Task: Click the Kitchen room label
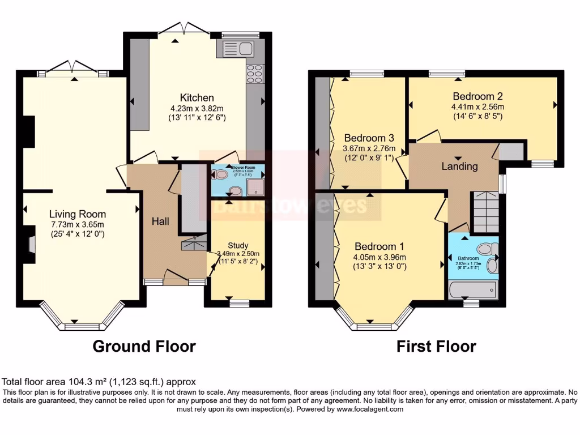[x=197, y=97]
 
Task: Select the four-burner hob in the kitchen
[x=254, y=73]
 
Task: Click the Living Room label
[x=77, y=214]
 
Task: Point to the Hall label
[x=160, y=221]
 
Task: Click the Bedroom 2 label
[x=477, y=96]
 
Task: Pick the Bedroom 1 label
[x=379, y=246]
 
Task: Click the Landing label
[x=459, y=167]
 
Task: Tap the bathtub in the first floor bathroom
[x=472, y=290]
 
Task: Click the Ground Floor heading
[x=144, y=346]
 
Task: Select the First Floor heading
[x=436, y=346]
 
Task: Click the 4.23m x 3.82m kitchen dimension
[x=197, y=108]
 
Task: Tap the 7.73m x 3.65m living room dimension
[x=77, y=224]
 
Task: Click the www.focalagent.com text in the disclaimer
[x=369, y=409]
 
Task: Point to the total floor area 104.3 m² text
[x=99, y=382]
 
